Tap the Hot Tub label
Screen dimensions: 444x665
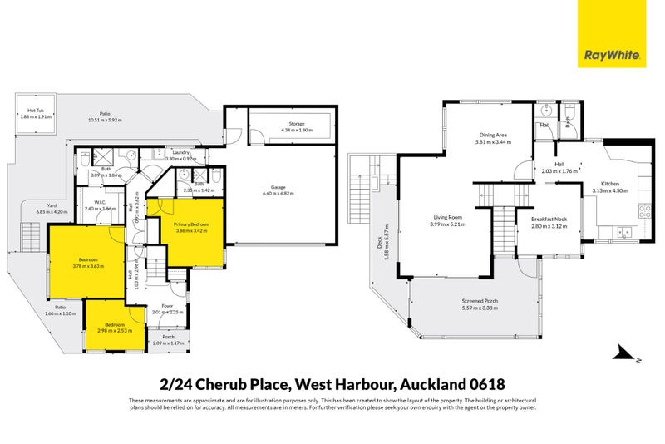point(36,111)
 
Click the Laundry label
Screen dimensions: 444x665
point(182,152)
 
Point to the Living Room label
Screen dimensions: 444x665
point(446,218)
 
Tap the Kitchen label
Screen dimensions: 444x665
point(610,185)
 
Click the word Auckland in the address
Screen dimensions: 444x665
point(431,384)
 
